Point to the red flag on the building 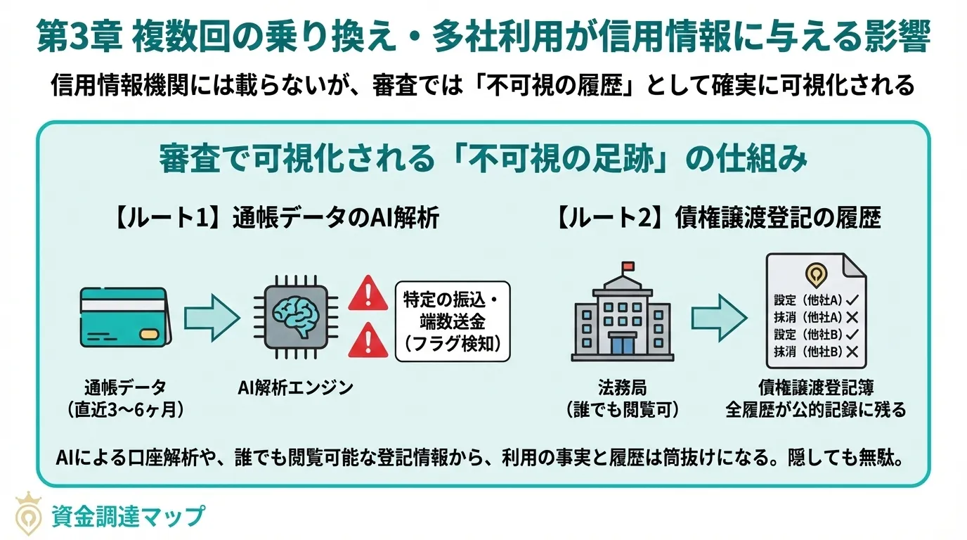[626, 266]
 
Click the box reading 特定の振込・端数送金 [453, 321]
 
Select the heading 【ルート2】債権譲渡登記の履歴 [717, 219]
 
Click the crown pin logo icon [29, 513]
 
